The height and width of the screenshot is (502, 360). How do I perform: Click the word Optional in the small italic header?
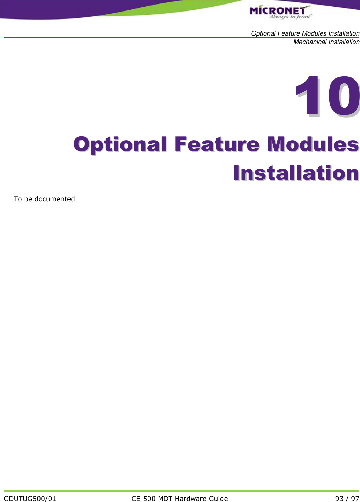263,33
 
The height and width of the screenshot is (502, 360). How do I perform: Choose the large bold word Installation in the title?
296,173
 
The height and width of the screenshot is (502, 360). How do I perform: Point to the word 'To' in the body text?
17,199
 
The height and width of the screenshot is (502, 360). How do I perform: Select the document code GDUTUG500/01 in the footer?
30,499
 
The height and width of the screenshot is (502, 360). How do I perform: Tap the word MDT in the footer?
166,499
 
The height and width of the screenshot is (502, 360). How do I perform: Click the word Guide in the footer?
218,499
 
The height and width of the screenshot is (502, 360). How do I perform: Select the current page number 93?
339,499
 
